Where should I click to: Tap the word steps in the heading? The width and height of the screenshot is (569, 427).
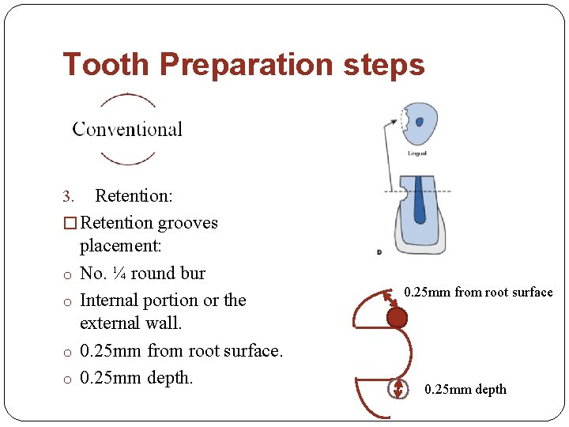click(x=384, y=66)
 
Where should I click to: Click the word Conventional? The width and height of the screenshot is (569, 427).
click(x=127, y=130)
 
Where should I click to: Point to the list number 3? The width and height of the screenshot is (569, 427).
click(x=67, y=196)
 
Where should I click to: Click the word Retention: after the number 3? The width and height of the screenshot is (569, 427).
click(x=134, y=195)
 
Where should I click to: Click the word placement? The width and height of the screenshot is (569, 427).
click(x=120, y=246)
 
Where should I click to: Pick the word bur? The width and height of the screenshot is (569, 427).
click(x=190, y=274)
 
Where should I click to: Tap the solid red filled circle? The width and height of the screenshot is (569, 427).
click(x=397, y=318)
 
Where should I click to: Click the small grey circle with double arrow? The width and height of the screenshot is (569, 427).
click(x=398, y=389)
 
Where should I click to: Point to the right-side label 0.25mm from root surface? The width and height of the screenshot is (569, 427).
click(x=478, y=293)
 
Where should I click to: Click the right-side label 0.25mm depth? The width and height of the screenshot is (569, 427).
click(x=465, y=389)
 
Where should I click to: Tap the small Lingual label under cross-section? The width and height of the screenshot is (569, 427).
click(x=417, y=153)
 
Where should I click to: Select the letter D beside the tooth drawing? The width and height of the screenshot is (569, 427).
click(x=380, y=252)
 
